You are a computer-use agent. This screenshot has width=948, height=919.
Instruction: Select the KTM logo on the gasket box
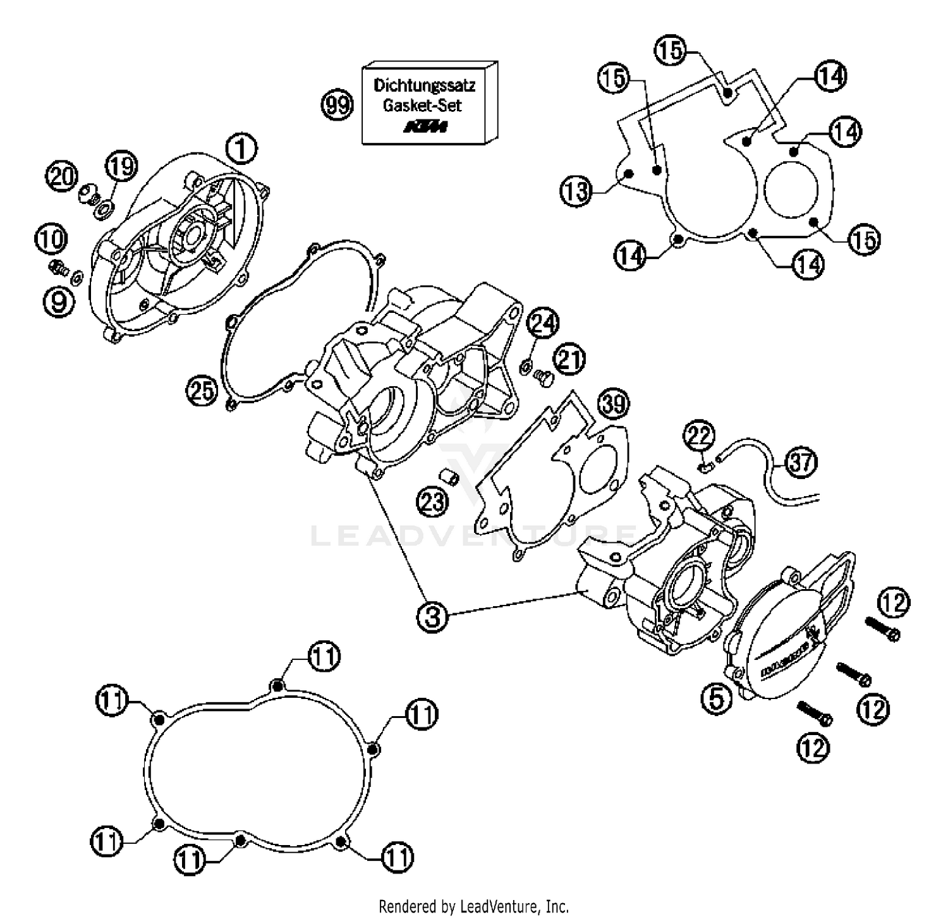425,127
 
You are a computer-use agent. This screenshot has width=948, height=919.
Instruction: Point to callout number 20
63,176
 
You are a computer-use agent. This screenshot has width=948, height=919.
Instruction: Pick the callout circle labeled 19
121,166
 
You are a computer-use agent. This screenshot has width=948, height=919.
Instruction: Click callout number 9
58,301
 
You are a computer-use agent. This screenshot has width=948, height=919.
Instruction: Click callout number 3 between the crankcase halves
432,615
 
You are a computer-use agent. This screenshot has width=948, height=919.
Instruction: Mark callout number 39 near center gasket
614,403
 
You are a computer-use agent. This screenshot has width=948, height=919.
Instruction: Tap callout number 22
699,435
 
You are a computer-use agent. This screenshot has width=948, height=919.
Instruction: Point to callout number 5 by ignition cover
715,699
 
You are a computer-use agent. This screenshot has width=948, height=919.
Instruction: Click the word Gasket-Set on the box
422,105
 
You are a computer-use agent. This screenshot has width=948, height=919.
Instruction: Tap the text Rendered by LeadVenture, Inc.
473,906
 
